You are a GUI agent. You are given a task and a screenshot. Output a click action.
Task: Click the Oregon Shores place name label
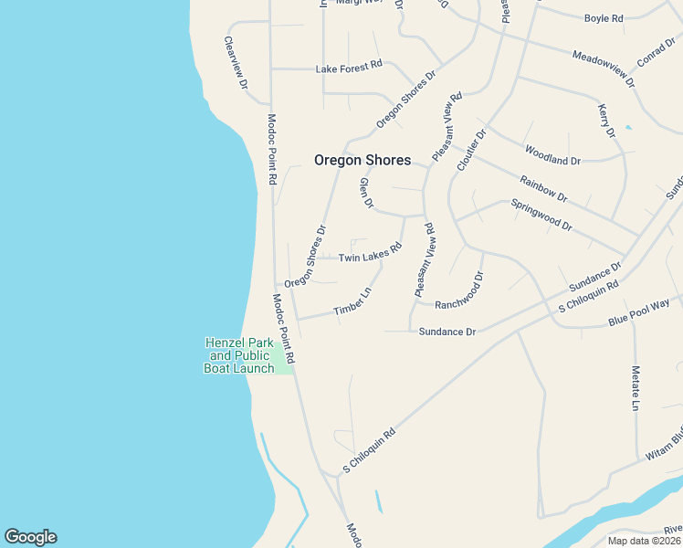point(363,160)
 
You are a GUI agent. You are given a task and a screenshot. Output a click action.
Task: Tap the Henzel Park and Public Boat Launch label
point(239,355)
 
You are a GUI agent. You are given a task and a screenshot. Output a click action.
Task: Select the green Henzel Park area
point(284,362)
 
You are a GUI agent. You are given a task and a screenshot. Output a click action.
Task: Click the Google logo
point(30,537)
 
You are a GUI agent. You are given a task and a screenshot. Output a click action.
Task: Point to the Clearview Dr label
point(236,63)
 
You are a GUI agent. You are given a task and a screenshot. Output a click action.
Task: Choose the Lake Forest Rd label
point(349,68)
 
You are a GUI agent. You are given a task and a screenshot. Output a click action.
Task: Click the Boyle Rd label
point(603,17)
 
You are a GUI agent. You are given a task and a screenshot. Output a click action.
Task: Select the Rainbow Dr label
point(543,188)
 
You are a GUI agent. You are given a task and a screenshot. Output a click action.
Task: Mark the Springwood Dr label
point(541,215)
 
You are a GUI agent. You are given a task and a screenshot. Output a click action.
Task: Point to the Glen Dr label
point(366,193)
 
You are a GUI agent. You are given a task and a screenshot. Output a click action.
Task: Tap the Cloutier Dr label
point(473,151)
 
